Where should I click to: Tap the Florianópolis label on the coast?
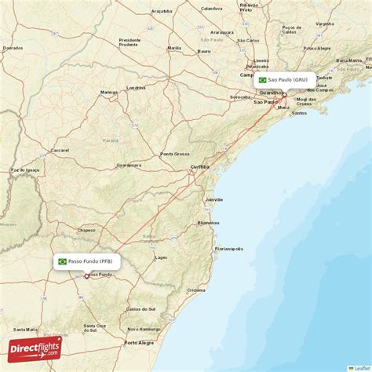click(228, 249)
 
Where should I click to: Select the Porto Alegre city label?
click(140, 342)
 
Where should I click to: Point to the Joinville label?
click(213, 200)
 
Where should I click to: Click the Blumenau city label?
click(208, 223)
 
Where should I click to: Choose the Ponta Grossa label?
click(175, 154)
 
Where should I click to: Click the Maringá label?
click(108, 93)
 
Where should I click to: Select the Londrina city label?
click(137, 86)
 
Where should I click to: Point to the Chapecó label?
click(86, 230)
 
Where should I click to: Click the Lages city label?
click(162, 257)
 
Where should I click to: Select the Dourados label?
click(13, 47)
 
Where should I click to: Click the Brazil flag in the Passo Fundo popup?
click(62, 261)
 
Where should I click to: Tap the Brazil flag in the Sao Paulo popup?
click(262, 80)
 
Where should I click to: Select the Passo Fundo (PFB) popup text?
click(90, 261)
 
